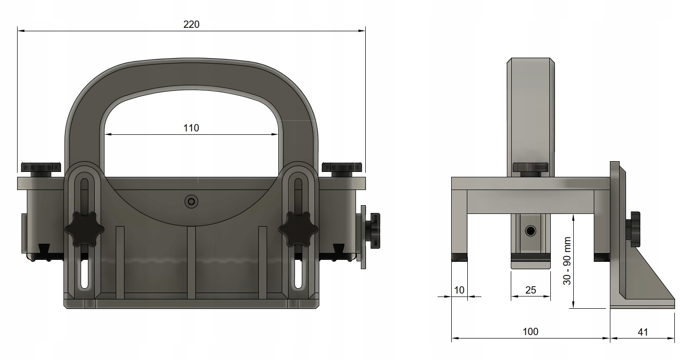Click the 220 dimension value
(x=191, y=24)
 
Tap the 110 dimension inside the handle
(x=191, y=128)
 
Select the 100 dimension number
(x=531, y=332)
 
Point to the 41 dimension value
(x=643, y=332)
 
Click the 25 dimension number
(x=531, y=290)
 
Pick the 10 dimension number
(x=459, y=290)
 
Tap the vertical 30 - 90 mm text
(x=567, y=261)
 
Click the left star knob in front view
(x=84, y=229)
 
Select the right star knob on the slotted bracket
(x=298, y=229)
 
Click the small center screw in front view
(x=191, y=202)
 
